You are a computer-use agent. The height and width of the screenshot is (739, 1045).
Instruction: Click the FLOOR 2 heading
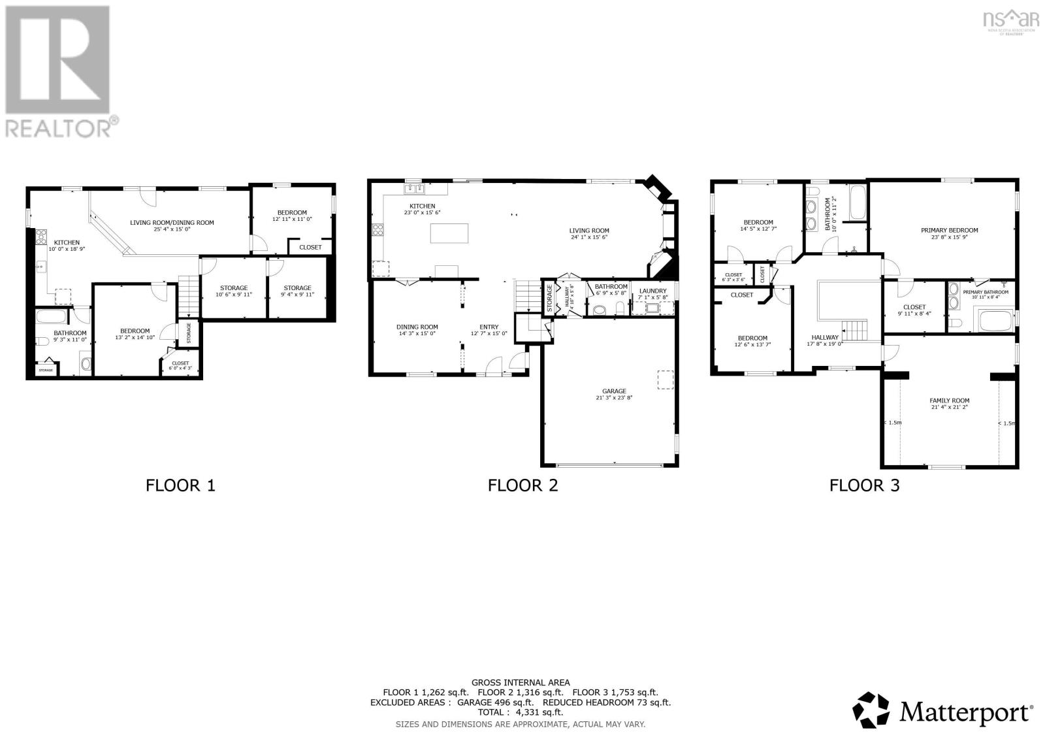[522, 485]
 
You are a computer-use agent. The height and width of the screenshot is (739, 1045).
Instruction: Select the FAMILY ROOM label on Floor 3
[949, 401]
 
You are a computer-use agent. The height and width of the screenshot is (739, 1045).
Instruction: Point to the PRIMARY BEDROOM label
[949, 230]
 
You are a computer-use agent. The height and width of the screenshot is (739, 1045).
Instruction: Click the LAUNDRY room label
[652, 291]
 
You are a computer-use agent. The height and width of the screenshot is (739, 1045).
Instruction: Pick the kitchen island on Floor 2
[449, 233]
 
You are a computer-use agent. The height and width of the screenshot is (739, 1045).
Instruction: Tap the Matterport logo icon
[872, 710]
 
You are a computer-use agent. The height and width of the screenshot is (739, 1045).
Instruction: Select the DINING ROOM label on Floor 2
[417, 327]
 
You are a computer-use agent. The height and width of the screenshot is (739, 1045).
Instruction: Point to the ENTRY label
[489, 327]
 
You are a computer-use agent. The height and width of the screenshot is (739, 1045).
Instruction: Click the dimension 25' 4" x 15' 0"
[172, 229]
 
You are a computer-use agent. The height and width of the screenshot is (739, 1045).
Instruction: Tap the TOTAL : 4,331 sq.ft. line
[520, 713]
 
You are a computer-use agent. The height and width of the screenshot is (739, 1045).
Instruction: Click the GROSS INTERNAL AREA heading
[520, 683]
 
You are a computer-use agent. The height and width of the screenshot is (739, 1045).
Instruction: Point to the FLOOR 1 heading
[180, 485]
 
